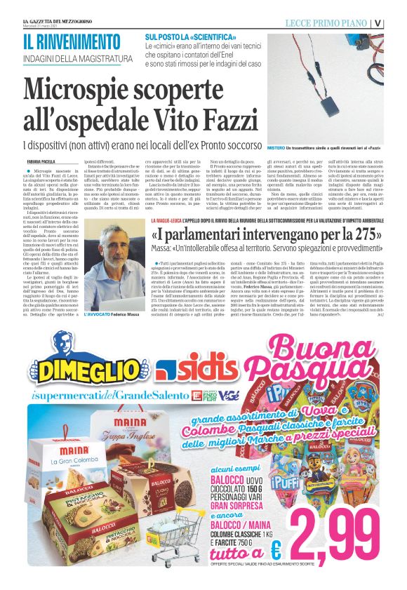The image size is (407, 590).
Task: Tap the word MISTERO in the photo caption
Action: (x=276, y=149)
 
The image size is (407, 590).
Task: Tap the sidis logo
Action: (x=193, y=369)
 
